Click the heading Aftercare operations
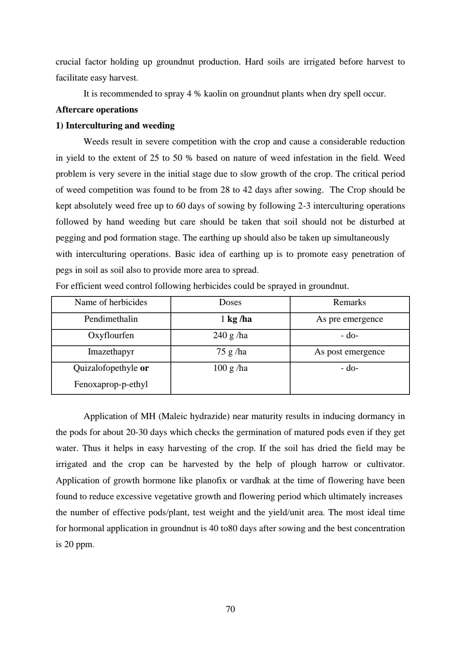click(x=96, y=110)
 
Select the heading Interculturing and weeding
click(x=115, y=126)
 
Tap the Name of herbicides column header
click(x=111, y=303)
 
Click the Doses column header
click(x=230, y=303)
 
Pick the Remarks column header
click(x=349, y=303)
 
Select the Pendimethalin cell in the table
click(x=111, y=319)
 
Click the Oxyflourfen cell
click(x=111, y=335)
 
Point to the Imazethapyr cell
click(x=111, y=352)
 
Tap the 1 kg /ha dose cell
click(x=236, y=319)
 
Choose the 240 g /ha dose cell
click(x=230, y=335)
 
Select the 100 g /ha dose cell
click(x=230, y=368)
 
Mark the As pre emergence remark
click(x=349, y=319)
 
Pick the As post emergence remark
click(x=349, y=352)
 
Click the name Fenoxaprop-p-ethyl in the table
click(x=111, y=384)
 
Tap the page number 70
click(x=230, y=609)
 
